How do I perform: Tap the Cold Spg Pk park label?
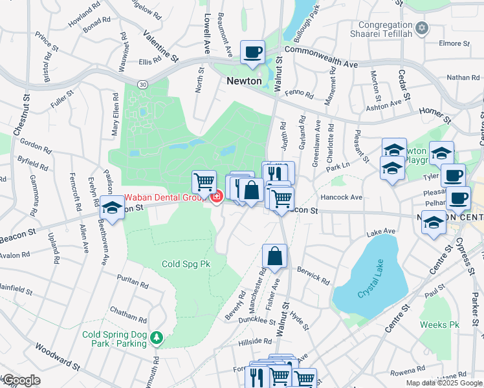[186, 264]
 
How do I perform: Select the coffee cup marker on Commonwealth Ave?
[252, 52]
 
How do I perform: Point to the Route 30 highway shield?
[142, 84]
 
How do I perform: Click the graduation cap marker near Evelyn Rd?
[112, 209]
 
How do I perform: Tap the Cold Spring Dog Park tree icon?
[156, 338]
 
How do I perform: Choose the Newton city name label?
[244, 81]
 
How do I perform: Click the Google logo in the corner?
[21, 380]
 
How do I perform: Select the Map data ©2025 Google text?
[443, 383]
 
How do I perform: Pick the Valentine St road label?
[160, 46]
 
